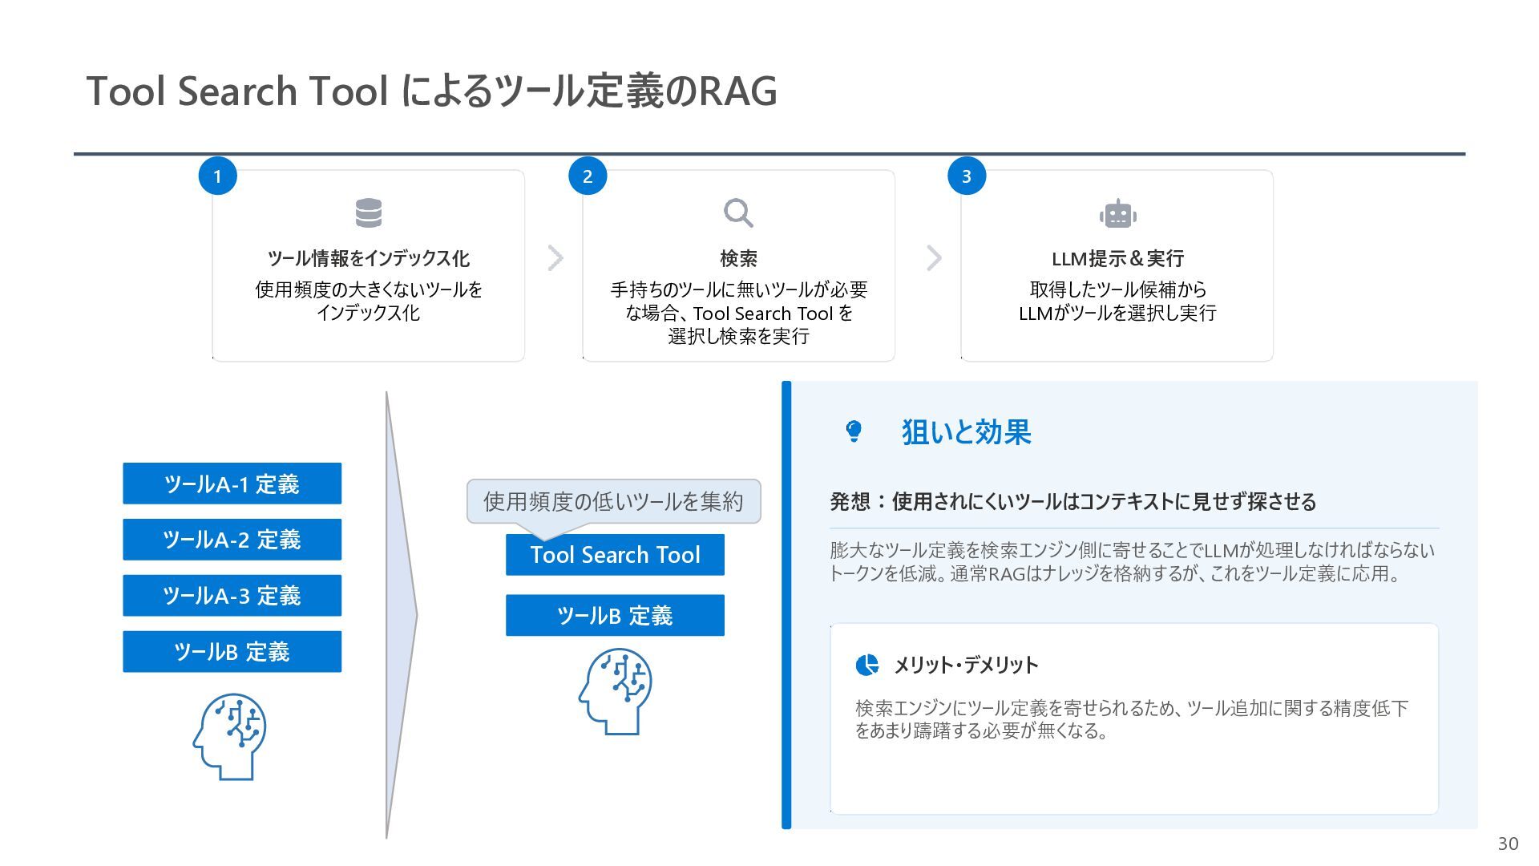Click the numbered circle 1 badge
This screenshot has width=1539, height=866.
pyautogui.click(x=217, y=176)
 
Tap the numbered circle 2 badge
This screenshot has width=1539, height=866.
pyautogui.click(x=588, y=176)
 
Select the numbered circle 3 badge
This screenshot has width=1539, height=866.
pyautogui.click(x=967, y=176)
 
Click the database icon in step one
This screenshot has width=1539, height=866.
pyautogui.click(x=369, y=213)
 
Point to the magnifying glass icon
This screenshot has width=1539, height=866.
pyautogui.click(x=738, y=213)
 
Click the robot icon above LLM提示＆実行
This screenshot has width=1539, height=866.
pyautogui.click(x=1117, y=214)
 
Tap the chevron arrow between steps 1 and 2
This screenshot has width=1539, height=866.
pyautogui.click(x=555, y=258)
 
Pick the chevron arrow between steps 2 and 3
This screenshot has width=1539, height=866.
pyautogui.click(x=934, y=258)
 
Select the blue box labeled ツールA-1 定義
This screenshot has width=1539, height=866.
pyautogui.click(x=232, y=484)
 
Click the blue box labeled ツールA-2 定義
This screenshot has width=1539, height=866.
pyautogui.click(x=232, y=540)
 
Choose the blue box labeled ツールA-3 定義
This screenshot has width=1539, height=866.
pyautogui.click(x=232, y=596)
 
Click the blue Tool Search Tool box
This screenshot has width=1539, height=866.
pyautogui.click(x=615, y=555)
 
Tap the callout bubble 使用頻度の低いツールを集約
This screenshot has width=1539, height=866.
pyautogui.click(x=613, y=501)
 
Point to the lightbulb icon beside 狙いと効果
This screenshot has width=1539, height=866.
pyautogui.click(x=854, y=431)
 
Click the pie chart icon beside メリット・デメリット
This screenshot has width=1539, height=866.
pyautogui.click(x=866, y=665)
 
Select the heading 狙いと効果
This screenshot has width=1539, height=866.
pyautogui.click(x=966, y=432)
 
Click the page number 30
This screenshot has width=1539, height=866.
pyautogui.click(x=1508, y=844)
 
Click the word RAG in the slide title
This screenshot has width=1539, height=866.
pyautogui.click(x=737, y=91)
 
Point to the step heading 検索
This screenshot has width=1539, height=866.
pyautogui.click(x=738, y=258)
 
